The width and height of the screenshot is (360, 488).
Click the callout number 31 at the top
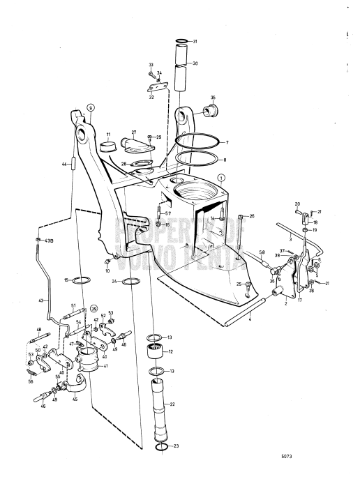[x=195, y=41]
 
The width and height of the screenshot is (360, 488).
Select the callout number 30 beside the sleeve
[x=195, y=63]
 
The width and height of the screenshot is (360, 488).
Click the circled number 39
[x=93, y=308]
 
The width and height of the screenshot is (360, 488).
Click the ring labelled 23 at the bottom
[x=161, y=447]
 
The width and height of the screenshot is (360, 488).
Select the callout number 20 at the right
[x=297, y=204]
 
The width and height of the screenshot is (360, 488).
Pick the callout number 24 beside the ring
[x=113, y=282]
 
